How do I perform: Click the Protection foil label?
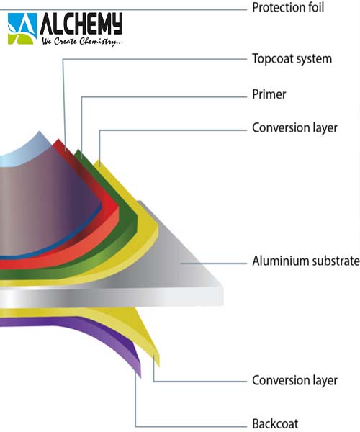[288, 8]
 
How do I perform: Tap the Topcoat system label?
[292, 59]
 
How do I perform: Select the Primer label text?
[269, 94]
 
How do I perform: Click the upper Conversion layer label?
[294, 128]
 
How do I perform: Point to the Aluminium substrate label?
[306, 261]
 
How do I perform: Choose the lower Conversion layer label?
[294, 381]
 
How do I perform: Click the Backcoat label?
[275, 423]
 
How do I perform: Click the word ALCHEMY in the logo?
[81, 24]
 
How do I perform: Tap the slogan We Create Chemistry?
[82, 41]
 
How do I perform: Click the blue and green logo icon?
[22, 29]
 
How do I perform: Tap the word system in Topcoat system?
[314, 60]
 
